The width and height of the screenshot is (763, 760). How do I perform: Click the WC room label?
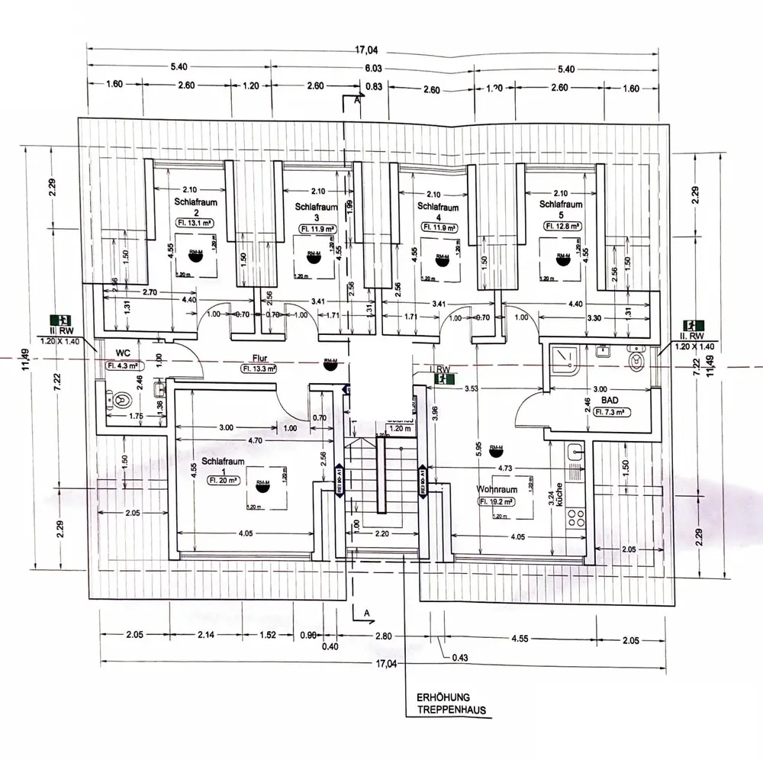click(121, 353)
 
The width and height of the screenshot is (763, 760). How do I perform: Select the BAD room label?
click(608, 399)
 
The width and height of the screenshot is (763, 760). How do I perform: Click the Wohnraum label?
click(497, 488)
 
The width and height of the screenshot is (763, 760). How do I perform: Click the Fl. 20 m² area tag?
click(223, 481)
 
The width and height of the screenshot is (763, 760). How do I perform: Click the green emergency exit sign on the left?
click(60, 321)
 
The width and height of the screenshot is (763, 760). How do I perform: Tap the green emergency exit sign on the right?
click(697, 324)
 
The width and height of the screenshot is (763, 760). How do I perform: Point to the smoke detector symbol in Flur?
click(330, 365)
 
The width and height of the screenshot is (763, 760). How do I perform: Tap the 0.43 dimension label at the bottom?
click(460, 657)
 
